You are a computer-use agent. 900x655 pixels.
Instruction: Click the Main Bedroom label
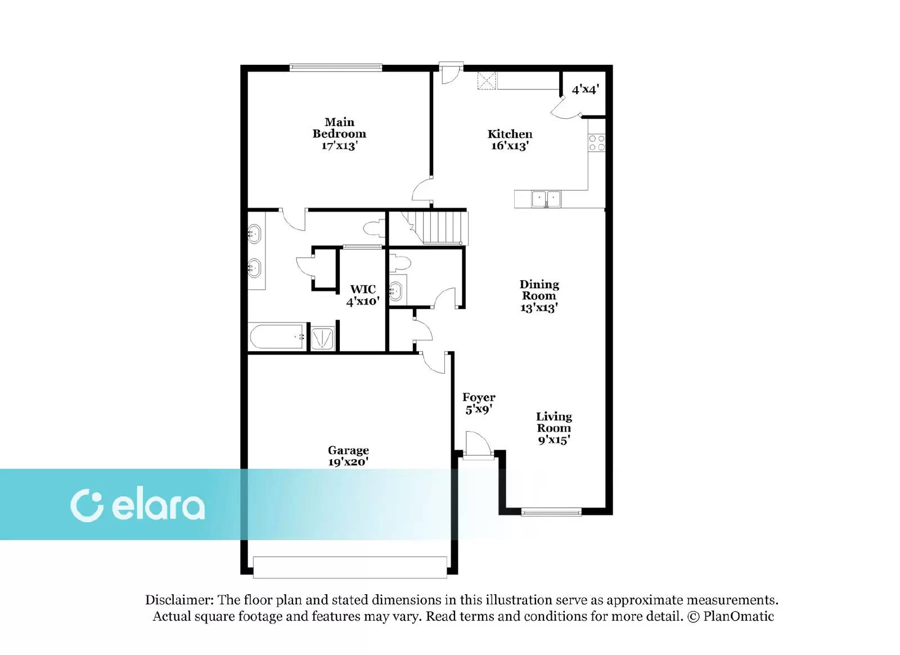(339, 134)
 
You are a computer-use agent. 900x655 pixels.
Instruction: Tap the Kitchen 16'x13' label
(510, 140)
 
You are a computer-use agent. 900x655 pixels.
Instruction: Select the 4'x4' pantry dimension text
(585, 89)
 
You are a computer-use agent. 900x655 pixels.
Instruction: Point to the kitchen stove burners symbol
(597, 143)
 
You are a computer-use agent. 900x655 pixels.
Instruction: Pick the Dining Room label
(539, 296)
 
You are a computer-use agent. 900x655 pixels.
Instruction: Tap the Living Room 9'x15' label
(553, 428)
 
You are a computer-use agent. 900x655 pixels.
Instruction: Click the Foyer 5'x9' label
(479, 403)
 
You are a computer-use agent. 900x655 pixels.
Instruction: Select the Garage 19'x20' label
(348, 456)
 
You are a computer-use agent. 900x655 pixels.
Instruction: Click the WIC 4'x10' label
(363, 295)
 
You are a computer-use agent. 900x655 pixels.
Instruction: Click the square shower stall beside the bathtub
(322, 338)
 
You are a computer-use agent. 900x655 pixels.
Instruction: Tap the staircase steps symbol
(442, 227)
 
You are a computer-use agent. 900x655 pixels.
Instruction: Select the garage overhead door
(350, 567)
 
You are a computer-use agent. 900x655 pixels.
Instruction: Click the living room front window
(551, 512)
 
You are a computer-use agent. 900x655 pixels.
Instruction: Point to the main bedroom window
(336, 68)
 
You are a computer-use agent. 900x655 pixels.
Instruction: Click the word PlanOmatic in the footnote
(738, 616)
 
